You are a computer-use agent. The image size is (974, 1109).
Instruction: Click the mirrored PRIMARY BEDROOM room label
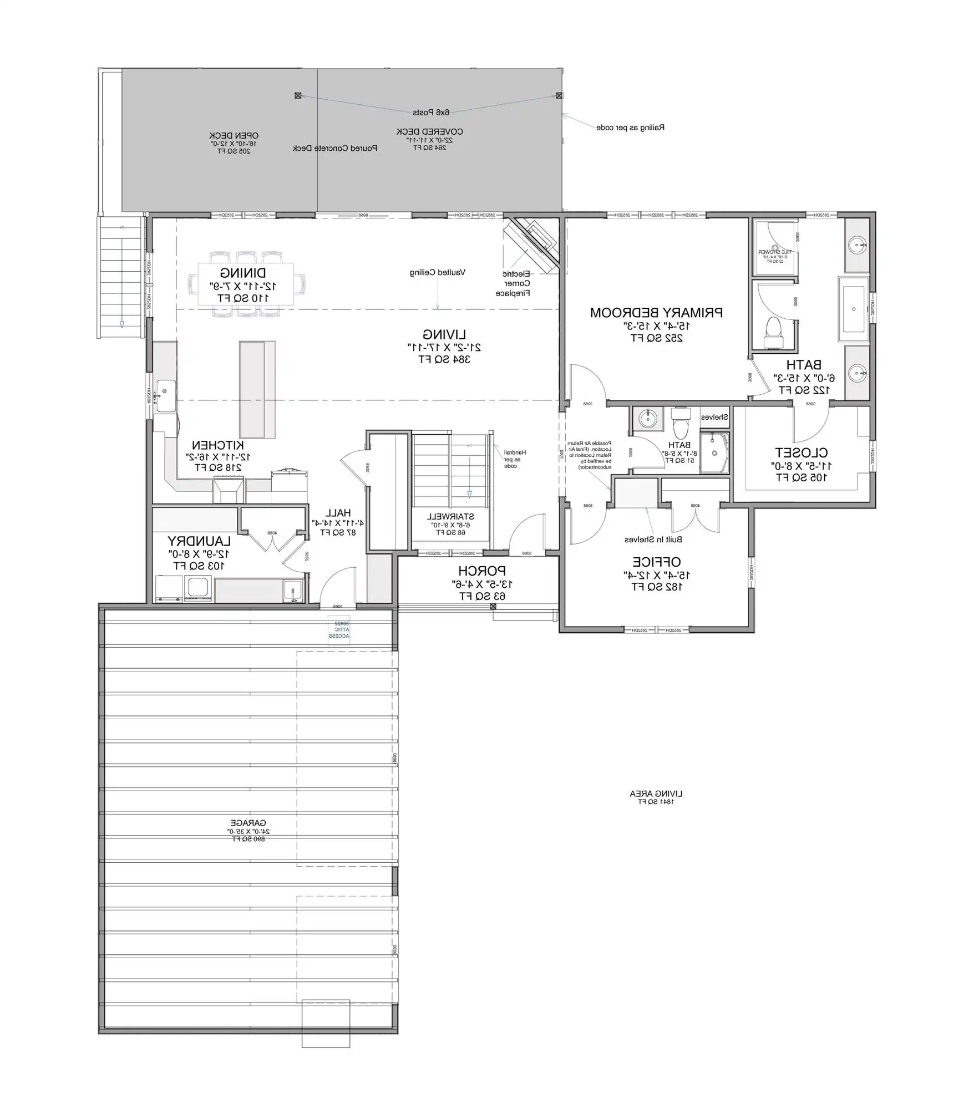pyautogui.click(x=656, y=312)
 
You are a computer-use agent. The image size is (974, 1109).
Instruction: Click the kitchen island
pyautogui.click(x=257, y=389)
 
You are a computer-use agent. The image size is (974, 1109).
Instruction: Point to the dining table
pyautogui.click(x=246, y=284)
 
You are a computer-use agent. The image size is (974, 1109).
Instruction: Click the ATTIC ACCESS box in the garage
pyautogui.click(x=339, y=630)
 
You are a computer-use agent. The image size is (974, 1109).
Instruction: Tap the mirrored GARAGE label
pyautogui.click(x=248, y=823)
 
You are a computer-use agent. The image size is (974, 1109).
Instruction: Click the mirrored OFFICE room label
pyautogui.click(x=656, y=562)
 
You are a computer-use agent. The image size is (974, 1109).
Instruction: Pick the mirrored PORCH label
pyautogui.click(x=481, y=571)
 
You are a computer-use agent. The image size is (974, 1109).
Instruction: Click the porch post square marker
pyautogui.click(x=493, y=607)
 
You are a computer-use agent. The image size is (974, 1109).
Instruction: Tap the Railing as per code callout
pyautogui.click(x=630, y=128)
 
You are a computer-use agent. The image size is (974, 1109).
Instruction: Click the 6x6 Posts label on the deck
pyautogui.click(x=430, y=113)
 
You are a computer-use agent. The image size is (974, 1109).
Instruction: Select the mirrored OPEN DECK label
pyautogui.click(x=234, y=135)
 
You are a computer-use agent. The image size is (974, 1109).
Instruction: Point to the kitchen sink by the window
pyautogui.click(x=165, y=395)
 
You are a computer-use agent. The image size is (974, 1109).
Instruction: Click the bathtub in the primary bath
pyautogui.click(x=854, y=309)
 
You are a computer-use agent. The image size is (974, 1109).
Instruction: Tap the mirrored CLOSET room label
pyautogui.click(x=801, y=452)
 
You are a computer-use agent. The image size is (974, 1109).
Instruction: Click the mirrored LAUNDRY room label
pyautogui.click(x=199, y=540)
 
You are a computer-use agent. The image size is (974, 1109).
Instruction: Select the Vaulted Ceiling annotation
pyautogui.click(x=437, y=272)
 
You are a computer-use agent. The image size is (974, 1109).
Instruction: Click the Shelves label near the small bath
pyautogui.click(x=714, y=417)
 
